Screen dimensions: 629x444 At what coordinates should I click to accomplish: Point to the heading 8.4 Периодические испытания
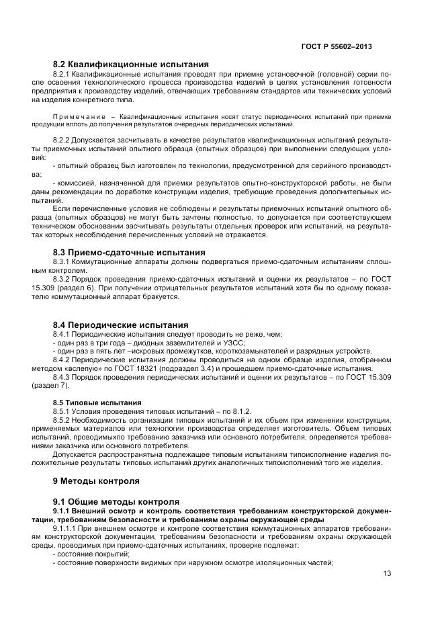[x=120, y=325]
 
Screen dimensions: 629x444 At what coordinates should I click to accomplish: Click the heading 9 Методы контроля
[x=96, y=481]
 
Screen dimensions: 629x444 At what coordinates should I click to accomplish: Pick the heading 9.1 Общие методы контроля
[x=116, y=501]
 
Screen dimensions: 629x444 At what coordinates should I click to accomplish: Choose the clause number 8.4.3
[x=64, y=378]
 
